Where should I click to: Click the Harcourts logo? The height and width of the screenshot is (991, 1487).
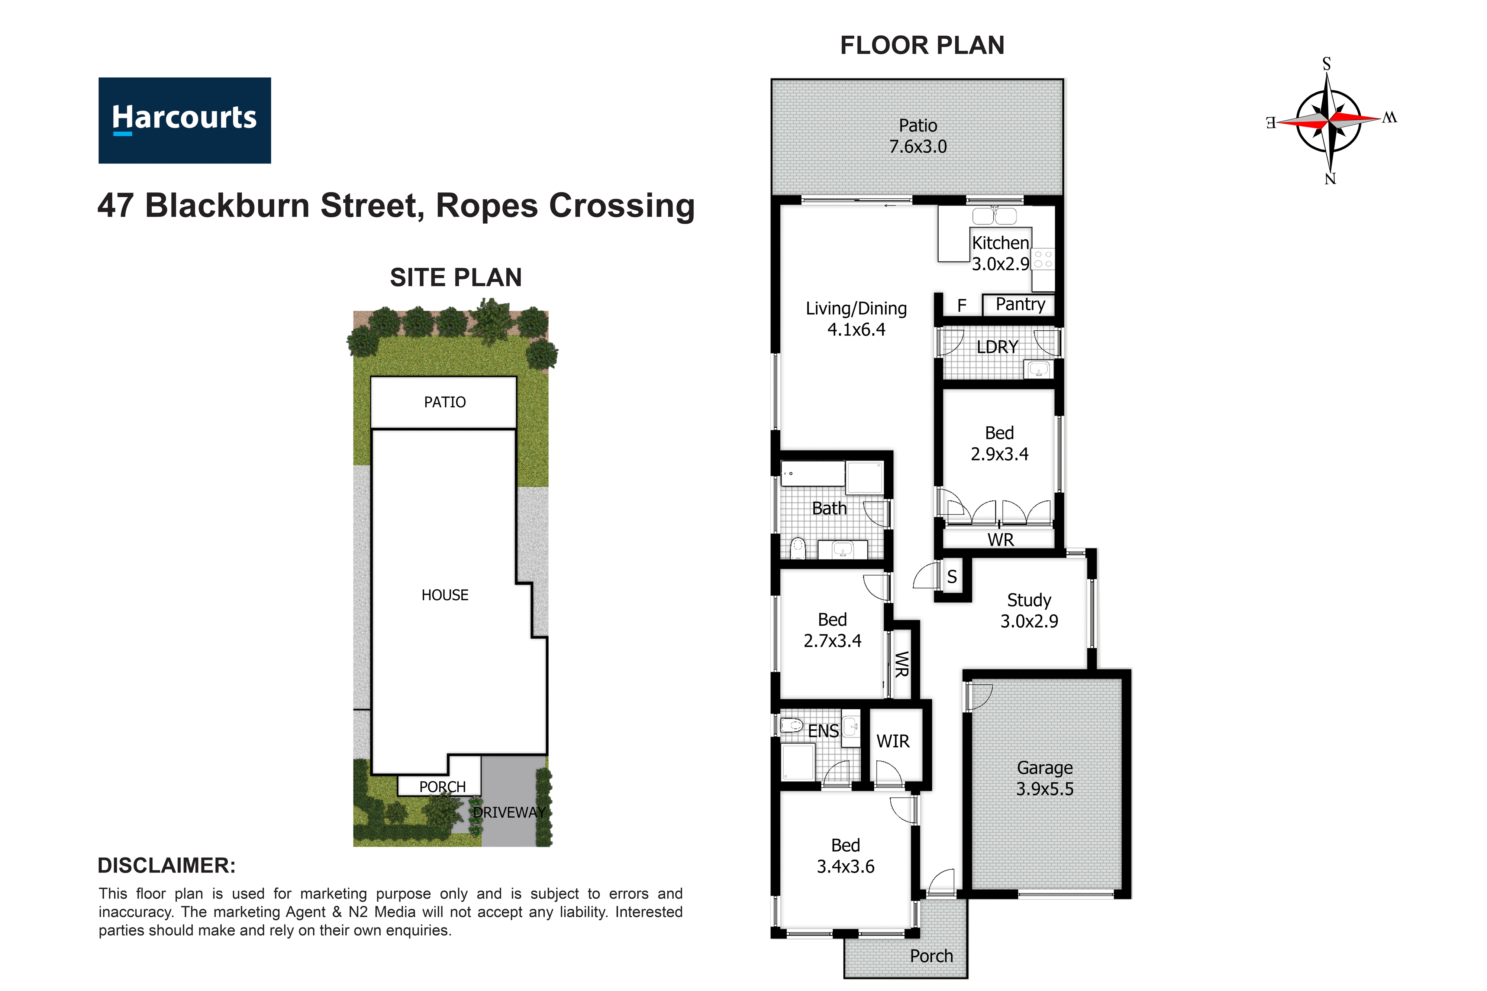click(185, 121)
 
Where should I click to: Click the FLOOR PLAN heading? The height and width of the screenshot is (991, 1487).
click(922, 45)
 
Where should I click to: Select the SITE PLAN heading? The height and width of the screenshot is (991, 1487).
click(456, 278)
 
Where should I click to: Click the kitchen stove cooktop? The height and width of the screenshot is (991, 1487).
click(1043, 259)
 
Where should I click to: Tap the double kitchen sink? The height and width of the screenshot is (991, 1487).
click(994, 216)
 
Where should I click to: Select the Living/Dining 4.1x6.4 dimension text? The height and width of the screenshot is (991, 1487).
click(856, 329)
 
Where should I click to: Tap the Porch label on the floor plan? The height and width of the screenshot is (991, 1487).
click(931, 956)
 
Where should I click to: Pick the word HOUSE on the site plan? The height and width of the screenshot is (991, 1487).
click(445, 595)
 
